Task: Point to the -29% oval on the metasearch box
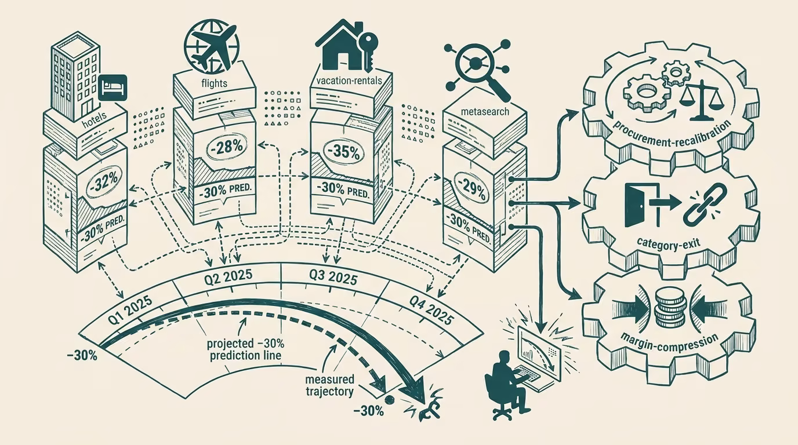[x=473, y=191]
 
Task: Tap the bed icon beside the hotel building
[x=114, y=88]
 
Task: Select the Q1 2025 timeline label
[x=130, y=311]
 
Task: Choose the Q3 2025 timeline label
[x=333, y=278]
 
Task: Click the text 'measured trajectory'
[x=329, y=385]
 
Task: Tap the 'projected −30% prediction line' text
[x=245, y=349]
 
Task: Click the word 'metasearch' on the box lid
[x=485, y=111]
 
